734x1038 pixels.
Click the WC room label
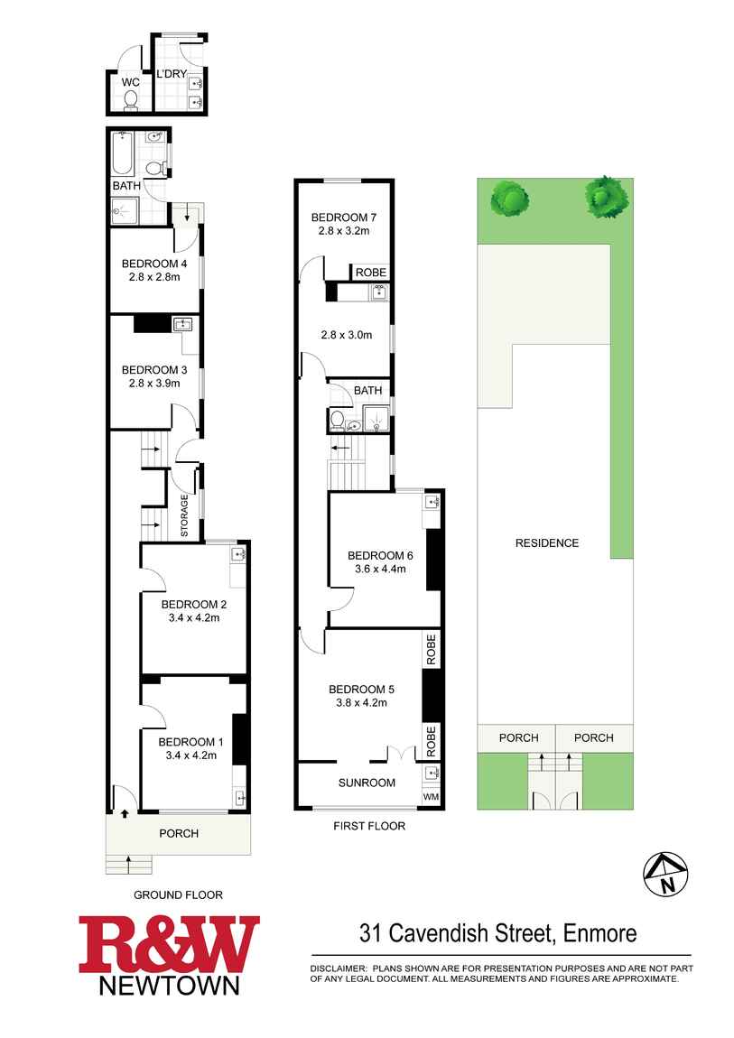click(x=130, y=81)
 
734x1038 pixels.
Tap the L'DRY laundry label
click(x=172, y=74)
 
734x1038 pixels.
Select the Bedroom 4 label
click(x=153, y=264)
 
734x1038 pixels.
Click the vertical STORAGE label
click(x=184, y=517)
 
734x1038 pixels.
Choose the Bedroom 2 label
click(x=193, y=604)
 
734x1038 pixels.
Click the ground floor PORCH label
click(x=179, y=833)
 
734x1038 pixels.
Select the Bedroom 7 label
click(x=343, y=217)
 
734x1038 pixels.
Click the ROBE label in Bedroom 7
click(x=370, y=273)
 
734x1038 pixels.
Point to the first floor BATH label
click(x=367, y=391)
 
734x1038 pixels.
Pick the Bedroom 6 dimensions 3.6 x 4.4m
click(x=379, y=569)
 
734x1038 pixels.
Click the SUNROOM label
click(x=367, y=783)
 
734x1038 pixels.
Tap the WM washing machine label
click(x=431, y=796)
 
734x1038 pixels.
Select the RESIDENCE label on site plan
click(x=547, y=542)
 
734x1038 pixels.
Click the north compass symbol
click(x=665, y=874)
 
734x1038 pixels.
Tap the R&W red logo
click(x=169, y=944)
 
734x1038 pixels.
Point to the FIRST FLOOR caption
click(x=369, y=825)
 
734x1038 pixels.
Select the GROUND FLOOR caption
click(x=178, y=894)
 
